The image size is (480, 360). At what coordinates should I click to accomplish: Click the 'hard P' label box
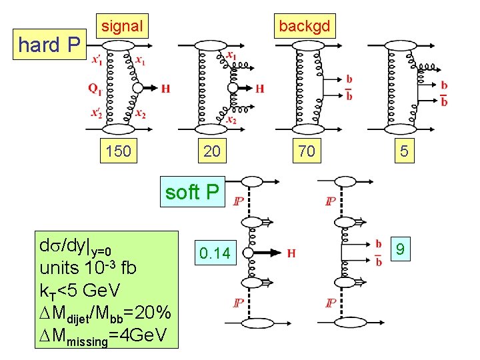(49, 45)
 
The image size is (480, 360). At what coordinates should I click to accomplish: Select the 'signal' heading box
(122, 27)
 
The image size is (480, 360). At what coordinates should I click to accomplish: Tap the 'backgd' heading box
(305, 27)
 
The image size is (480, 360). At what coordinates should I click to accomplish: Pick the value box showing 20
(211, 151)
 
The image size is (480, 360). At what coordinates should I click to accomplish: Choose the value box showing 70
(307, 151)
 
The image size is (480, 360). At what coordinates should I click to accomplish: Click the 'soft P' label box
(192, 192)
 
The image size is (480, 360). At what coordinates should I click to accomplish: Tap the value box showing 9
(401, 250)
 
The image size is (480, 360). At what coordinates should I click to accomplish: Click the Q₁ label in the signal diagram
(95, 88)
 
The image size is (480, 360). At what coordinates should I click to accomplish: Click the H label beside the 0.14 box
(291, 253)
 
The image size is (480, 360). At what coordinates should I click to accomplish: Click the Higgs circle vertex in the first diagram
(137, 88)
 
